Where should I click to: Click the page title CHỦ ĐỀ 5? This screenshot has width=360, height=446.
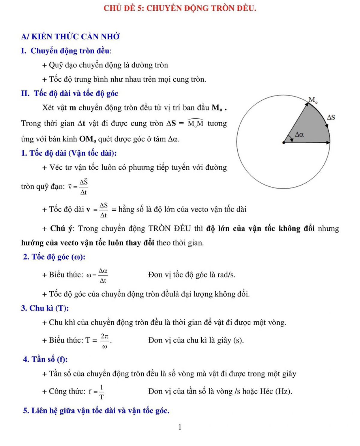180,8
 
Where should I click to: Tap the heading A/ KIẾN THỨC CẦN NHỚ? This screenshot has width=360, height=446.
70,37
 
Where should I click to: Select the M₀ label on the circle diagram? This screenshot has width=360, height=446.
313,100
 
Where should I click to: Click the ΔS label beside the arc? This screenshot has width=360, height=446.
331,117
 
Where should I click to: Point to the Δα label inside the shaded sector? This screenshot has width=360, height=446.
299,134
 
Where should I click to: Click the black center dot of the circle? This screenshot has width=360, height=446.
284,143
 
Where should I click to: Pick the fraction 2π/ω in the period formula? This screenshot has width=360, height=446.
105,341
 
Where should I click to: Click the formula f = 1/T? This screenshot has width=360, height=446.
97,392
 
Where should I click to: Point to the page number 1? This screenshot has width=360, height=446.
180,427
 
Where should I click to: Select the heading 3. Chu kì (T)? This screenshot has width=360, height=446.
45,308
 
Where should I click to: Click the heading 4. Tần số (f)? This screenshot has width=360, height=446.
45,359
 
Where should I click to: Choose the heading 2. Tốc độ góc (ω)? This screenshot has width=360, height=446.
54,257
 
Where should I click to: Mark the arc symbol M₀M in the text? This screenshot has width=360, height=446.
195,123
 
